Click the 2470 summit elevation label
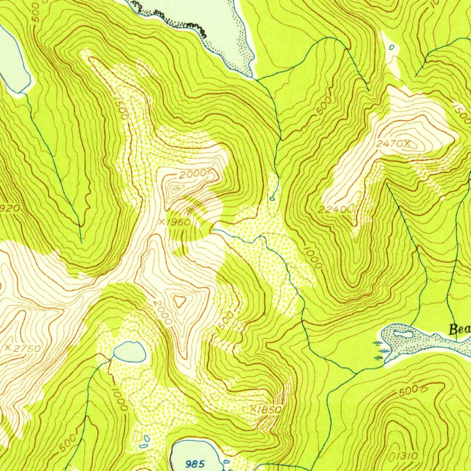[x=389, y=144]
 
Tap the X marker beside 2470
[x=407, y=144]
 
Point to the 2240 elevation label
[x=334, y=210]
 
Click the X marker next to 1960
[x=161, y=222]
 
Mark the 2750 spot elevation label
[x=27, y=348]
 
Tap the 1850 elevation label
[x=270, y=409]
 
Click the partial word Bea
[x=460, y=329]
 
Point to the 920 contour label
[x=10, y=208]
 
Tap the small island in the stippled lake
[x=403, y=333]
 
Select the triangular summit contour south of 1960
[x=179, y=301]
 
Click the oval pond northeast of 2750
[x=130, y=352]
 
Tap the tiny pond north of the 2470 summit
[x=391, y=47]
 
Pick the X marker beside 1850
[x=253, y=408]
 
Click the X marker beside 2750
[x=8, y=348]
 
